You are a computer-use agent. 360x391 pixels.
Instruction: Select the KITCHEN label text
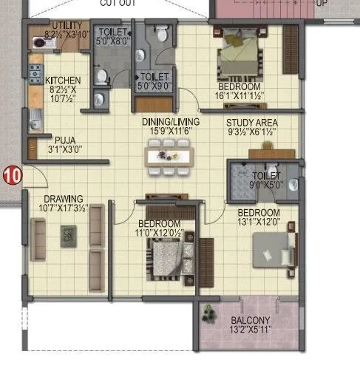63,80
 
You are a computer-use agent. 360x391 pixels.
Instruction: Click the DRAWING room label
63,199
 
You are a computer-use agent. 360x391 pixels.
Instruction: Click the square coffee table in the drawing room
67,234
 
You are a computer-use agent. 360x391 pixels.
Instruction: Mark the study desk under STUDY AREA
271,154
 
